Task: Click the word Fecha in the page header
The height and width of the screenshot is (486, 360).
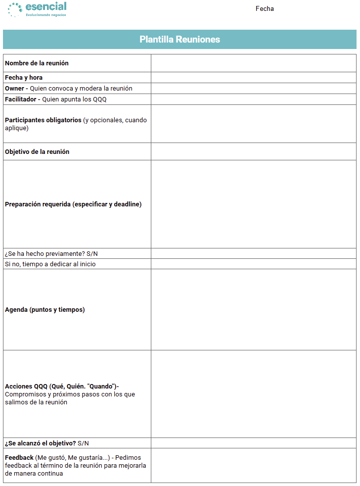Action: (x=265, y=8)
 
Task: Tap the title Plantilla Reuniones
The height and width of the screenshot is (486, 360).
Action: (x=180, y=40)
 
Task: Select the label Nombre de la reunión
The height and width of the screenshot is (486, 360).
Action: (x=37, y=63)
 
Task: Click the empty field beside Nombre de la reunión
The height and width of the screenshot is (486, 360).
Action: (x=253, y=63)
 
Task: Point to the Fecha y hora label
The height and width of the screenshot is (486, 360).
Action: (x=24, y=78)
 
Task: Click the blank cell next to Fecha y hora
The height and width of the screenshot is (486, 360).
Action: (x=253, y=78)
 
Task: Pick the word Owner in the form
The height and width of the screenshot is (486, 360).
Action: (x=14, y=89)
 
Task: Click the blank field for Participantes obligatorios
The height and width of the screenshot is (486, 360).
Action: (x=253, y=124)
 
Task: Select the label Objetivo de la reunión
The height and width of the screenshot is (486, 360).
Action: (x=37, y=152)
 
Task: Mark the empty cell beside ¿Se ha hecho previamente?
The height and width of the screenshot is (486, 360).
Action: (x=253, y=254)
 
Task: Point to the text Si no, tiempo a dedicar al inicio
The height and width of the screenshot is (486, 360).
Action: (x=50, y=264)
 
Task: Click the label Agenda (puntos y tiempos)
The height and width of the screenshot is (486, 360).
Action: (x=45, y=310)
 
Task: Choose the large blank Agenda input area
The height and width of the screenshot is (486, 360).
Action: (x=253, y=310)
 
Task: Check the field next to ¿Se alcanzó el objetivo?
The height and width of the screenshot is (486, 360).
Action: (x=253, y=443)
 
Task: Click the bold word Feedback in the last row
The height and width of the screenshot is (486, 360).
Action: (x=19, y=457)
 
